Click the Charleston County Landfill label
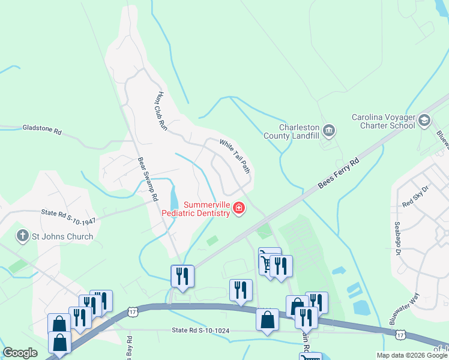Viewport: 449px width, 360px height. click(291, 131)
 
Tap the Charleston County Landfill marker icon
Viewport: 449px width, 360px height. click(329, 130)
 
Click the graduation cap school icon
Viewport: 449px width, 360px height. click(425, 121)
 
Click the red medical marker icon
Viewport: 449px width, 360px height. click(239, 208)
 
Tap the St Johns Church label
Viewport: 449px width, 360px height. click(63, 236)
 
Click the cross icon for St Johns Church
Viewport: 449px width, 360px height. click(23, 236)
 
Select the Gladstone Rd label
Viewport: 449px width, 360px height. click(42, 129)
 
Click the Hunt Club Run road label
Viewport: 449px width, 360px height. click(160, 111)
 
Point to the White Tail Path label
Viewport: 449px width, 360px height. click(234, 156)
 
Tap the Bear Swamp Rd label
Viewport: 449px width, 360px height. click(148, 179)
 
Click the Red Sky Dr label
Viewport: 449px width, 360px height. click(416, 196)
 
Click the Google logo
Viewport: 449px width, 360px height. click(20, 353)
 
